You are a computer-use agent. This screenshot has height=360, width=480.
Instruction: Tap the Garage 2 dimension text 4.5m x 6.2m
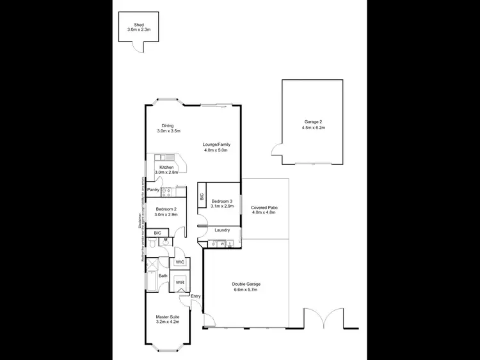314,128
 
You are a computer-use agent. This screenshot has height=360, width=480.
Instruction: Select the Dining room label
168,126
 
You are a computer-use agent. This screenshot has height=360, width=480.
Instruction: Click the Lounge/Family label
216,145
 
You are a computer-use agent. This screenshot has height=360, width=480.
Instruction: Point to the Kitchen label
166,167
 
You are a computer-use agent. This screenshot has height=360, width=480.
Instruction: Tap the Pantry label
154,190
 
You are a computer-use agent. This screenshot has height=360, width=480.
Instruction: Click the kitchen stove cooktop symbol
165,191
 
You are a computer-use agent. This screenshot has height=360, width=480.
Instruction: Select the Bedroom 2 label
166,208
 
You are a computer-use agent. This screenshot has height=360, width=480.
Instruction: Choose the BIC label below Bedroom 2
157,233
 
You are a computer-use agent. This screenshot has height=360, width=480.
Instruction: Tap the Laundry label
222,230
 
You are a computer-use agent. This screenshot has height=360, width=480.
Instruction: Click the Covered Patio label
264,208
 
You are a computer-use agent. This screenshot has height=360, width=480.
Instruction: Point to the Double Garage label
246,284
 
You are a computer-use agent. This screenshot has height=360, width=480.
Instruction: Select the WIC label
180,262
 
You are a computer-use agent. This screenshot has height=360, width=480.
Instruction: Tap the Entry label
195,295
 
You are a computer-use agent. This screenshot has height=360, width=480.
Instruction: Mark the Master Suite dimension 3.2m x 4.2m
168,322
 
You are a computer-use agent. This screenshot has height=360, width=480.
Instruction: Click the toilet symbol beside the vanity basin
153,242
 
